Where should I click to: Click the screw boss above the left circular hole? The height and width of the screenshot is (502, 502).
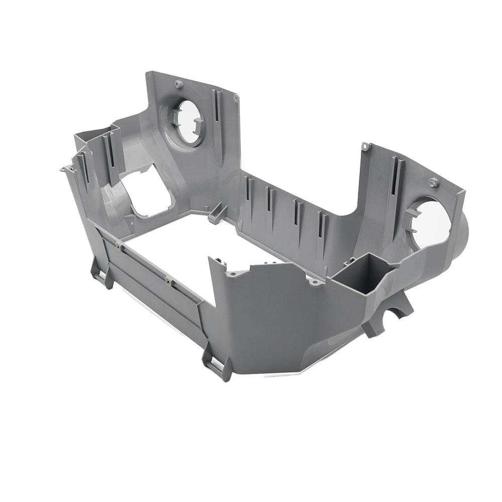pos(177,83)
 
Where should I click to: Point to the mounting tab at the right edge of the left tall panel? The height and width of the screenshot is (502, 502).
pos(235,97)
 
